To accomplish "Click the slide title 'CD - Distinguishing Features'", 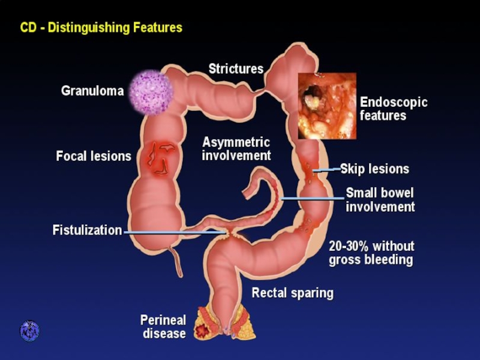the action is (x=101, y=28).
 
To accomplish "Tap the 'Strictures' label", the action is (x=236, y=69).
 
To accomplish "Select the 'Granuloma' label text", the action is (x=92, y=91).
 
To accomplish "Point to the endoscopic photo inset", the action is (x=327, y=106).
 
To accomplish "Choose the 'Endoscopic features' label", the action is (x=393, y=108).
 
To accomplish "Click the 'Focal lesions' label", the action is (x=94, y=157).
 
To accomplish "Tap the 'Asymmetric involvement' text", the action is (x=236, y=149).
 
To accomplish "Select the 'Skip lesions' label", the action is (x=374, y=169).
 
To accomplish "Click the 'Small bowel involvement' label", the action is (x=380, y=200).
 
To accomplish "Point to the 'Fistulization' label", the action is (x=87, y=230).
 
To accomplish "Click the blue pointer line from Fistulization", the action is (x=174, y=232).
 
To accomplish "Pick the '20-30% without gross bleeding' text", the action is (x=371, y=253).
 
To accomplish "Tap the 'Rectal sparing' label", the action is (x=292, y=293).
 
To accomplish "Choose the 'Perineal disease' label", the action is (x=163, y=326).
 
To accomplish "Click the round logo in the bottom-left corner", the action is (x=29, y=331).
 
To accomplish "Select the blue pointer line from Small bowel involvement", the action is (x=312, y=198).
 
